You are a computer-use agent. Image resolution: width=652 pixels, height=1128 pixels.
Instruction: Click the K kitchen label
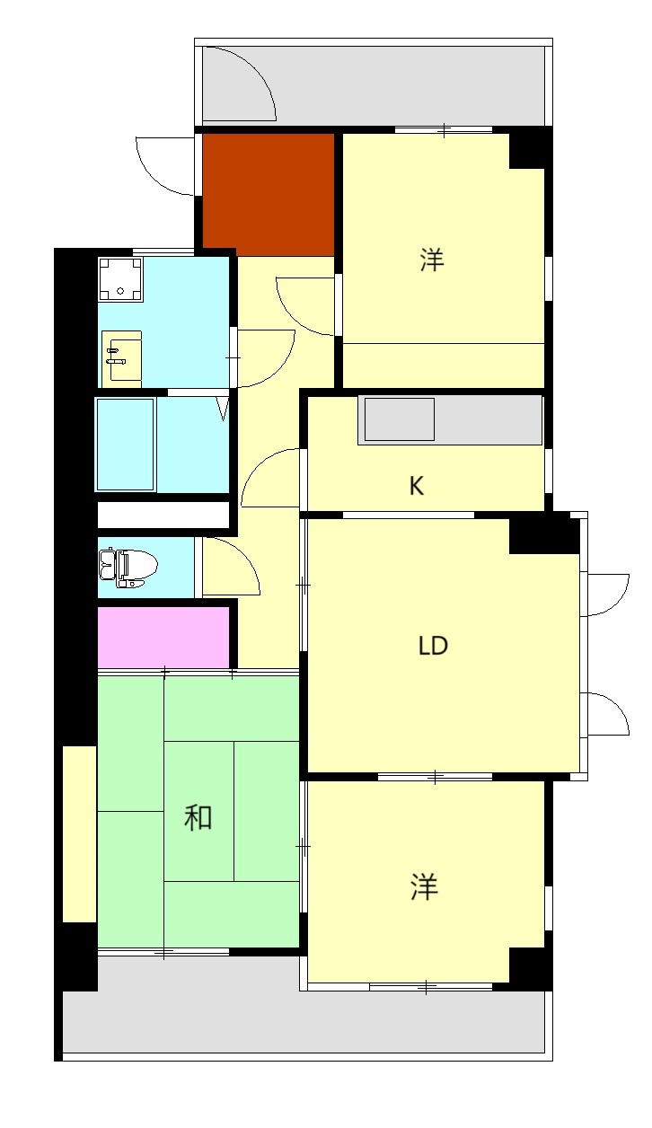pyautogui.click(x=417, y=486)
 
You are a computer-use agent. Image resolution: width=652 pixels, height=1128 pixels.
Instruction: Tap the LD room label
pyautogui.click(x=433, y=646)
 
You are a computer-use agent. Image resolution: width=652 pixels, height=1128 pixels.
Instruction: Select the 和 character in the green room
pyautogui.click(x=198, y=817)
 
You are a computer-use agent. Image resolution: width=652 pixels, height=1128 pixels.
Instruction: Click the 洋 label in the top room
pyautogui.click(x=432, y=261)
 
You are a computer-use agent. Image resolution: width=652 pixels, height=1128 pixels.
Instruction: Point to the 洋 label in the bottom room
pyautogui.click(x=425, y=887)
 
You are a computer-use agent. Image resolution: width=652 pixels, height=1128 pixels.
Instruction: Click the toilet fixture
pyautogui.click(x=128, y=567)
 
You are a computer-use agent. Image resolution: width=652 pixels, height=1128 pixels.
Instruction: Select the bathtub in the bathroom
pyautogui.click(x=126, y=445)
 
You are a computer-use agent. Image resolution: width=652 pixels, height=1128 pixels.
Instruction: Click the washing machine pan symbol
pyautogui.click(x=120, y=278)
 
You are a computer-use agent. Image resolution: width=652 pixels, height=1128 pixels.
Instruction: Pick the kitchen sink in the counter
pyautogui.click(x=400, y=419)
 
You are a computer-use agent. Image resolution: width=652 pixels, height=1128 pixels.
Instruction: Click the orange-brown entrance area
pyautogui.click(x=268, y=194)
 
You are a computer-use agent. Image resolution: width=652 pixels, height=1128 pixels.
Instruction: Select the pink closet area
pyautogui.click(x=163, y=638)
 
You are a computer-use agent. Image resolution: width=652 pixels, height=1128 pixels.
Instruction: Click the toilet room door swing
pyautogui.click(x=230, y=566)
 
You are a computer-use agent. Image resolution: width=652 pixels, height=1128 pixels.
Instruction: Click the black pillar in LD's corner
pyautogui.click(x=543, y=535)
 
